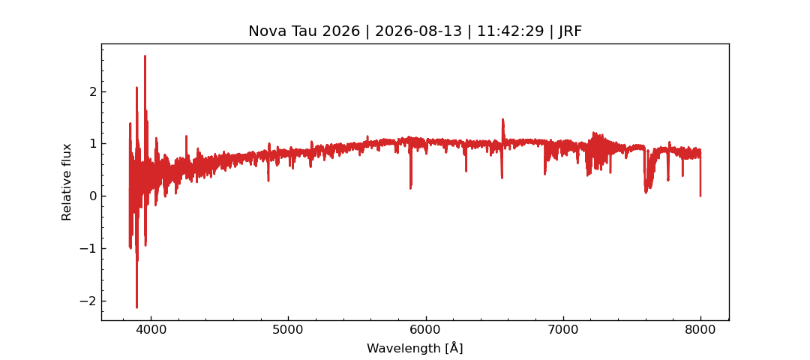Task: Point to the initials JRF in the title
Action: [x=570, y=31]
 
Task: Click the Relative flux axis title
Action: [x=66, y=181]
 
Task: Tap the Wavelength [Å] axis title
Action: [x=415, y=348]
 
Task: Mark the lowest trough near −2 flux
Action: [x=137, y=307]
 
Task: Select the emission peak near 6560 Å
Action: [x=502, y=120]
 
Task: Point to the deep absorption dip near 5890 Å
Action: [x=411, y=188]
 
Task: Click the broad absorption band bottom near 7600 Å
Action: [x=646, y=191]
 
